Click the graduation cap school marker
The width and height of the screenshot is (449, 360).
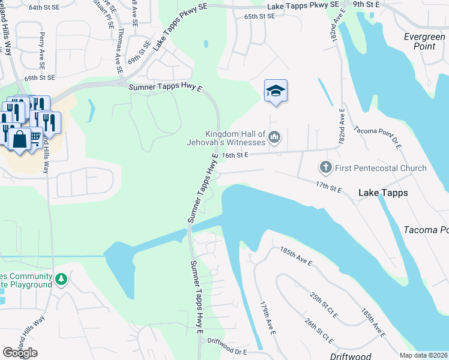[x=276, y=91]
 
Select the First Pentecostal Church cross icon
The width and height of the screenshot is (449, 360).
[x=325, y=167]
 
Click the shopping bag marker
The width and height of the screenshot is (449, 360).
[x=19, y=139]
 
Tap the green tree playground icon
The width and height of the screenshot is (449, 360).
[x=61, y=279]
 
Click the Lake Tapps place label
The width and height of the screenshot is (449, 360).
[x=383, y=193]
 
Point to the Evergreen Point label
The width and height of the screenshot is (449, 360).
[x=424, y=41]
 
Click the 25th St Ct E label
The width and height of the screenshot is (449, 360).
[x=324, y=306]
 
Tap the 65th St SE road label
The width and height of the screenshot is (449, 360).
[x=259, y=16]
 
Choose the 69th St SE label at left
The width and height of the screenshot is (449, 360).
[x=40, y=78]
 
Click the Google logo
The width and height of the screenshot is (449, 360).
[x=20, y=352]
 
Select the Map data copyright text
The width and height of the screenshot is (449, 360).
[x=423, y=355]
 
